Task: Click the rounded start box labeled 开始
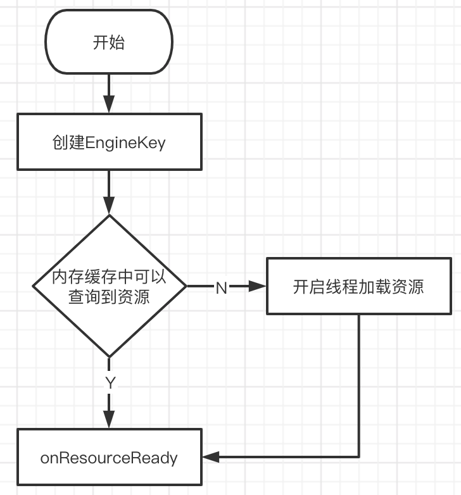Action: (x=109, y=43)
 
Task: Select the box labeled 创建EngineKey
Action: (x=110, y=142)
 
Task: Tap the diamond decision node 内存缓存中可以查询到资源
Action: (x=109, y=287)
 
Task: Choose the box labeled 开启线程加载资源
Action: (x=358, y=287)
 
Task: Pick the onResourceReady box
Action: (x=109, y=458)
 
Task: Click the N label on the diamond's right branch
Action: (x=221, y=288)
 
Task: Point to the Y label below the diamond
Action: (x=110, y=382)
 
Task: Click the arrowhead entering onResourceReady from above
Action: (x=109, y=419)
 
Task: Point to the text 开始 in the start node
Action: (x=109, y=43)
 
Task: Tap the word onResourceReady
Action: (x=109, y=458)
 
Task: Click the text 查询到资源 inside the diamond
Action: (x=109, y=296)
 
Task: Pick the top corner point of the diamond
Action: (x=109, y=216)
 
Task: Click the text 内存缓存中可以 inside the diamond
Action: (x=109, y=277)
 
